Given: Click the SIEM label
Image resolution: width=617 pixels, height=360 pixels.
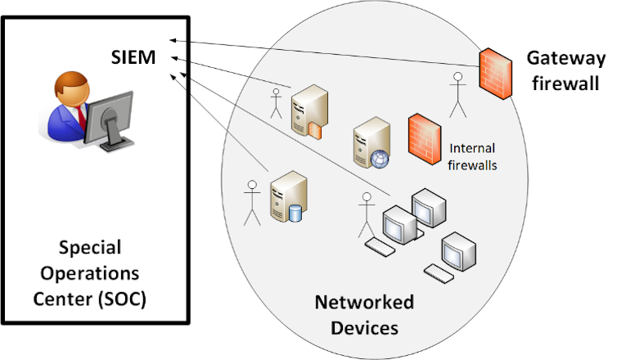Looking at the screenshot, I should tap(134, 56).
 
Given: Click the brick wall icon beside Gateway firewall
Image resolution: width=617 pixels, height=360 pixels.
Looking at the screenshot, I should tap(497, 72).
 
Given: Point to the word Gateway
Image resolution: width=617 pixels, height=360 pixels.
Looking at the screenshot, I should tap(565, 58).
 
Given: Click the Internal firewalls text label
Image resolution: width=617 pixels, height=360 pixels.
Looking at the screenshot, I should tap(474, 156).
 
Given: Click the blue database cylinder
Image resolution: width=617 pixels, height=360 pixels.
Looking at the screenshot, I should tap(295, 213).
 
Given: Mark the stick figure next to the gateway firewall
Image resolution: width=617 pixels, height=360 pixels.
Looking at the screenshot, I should tap(457, 94).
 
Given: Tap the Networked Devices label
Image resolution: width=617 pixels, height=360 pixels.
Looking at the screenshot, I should tap(364, 315).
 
